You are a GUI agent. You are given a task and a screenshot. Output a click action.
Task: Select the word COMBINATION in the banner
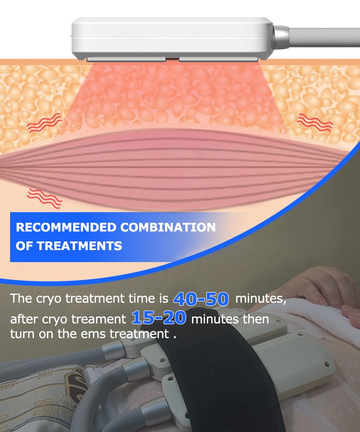point(168,228)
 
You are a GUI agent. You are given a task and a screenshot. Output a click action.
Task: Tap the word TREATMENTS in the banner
point(79,246)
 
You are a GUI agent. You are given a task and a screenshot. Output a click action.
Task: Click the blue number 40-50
point(201,299)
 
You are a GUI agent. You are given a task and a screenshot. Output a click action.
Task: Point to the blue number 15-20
point(159,318)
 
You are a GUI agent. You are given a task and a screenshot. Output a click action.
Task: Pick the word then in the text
point(256,319)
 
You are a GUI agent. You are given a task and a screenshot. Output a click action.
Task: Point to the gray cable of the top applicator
point(324,37)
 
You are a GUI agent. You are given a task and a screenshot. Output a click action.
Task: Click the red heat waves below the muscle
point(44,198)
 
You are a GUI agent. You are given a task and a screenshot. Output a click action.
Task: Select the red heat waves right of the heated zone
point(315,122)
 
